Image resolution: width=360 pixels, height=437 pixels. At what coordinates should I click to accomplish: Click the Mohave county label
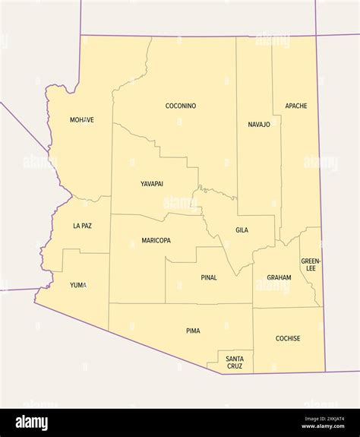click(x=82, y=120)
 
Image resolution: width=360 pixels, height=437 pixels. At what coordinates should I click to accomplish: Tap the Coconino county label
click(x=181, y=106)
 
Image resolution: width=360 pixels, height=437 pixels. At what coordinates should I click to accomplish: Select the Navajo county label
click(x=259, y=124)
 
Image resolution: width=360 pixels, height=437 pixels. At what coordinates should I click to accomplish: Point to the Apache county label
click(x=296, y=106)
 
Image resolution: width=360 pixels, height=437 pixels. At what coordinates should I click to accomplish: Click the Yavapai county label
click(x=152, y=184)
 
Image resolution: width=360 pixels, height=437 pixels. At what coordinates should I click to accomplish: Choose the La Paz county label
click(x=82, y=226)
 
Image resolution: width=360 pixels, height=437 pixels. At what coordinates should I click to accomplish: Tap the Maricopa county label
click(x=156, y=240)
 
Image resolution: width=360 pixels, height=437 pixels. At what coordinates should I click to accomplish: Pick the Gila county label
click(x=242, y=230)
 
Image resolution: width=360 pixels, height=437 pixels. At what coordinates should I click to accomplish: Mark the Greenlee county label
click(x=311, y=264)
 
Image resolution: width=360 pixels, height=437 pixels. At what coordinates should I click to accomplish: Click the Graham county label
click(x=279, y=277)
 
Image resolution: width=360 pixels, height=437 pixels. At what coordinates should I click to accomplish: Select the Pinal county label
click(x=209, y=277)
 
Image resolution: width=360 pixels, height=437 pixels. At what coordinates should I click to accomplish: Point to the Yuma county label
click(x=78, y=285)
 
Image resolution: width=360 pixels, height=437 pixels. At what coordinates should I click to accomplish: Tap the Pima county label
click(x=194, y=331)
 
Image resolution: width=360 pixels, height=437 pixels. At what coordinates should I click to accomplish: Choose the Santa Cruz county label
click(x=235, y=362)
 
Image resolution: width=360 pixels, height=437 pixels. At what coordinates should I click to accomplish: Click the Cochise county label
click(x=288, y=338)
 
